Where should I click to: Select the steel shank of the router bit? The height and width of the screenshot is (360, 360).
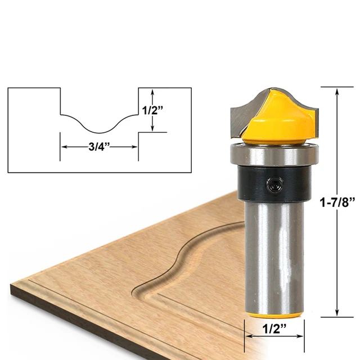(274, 253)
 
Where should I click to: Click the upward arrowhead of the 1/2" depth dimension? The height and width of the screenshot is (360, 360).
(153, 91)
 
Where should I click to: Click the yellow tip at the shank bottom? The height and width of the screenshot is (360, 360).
(274, 312)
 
